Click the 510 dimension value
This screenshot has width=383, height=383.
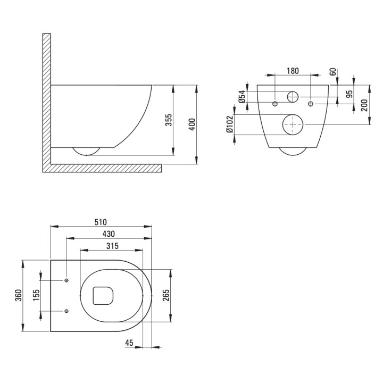101,222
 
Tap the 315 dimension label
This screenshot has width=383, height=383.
112,246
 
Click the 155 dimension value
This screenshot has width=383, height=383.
37,295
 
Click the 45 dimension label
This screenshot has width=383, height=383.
130,343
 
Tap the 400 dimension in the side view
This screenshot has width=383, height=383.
193,124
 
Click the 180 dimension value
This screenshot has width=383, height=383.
293,71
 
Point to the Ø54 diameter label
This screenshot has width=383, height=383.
242,96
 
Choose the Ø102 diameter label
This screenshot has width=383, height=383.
229,124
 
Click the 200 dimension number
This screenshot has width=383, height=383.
364,105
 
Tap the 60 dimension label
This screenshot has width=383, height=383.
332,72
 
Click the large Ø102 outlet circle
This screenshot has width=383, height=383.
292,124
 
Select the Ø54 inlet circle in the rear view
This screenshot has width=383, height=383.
293,97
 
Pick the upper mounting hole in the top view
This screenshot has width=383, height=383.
66,280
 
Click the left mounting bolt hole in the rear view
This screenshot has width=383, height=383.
274,103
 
